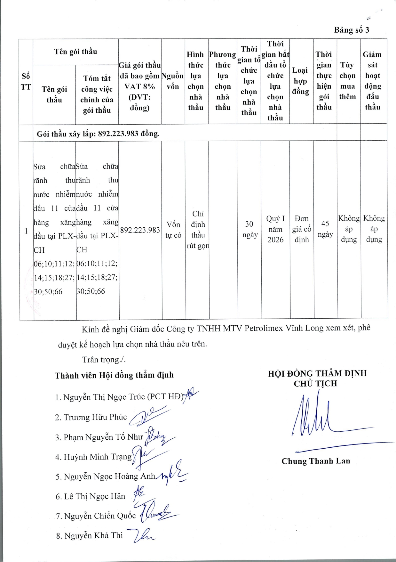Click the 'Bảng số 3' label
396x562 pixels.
point(352,30)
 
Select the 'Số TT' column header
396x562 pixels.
point(26,82)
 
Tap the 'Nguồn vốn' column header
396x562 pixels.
point(173,81)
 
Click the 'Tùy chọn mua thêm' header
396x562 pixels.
point(348,81)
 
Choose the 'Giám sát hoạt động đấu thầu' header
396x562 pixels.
point(373,81)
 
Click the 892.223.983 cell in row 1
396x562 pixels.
point(140,230)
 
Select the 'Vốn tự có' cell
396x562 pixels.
point(173,230)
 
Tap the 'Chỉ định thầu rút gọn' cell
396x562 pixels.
point(198,230)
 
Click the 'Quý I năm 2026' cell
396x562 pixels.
point(275,229)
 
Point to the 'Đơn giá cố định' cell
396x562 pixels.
point(302,229)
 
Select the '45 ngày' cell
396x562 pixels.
point(325,229)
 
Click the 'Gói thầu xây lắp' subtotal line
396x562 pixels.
point(98,134)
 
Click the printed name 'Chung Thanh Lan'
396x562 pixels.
point(316,461)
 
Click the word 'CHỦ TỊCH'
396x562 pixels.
point(315,384)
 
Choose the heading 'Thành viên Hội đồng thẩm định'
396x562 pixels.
point(114,375)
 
